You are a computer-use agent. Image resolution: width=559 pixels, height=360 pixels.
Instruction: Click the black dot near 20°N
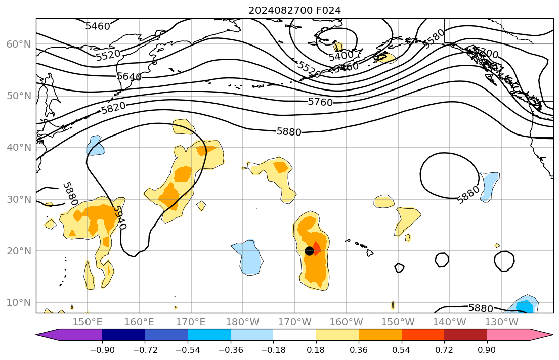tap(310, 251)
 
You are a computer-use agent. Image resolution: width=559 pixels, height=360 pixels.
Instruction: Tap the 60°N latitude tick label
tap(18, 44)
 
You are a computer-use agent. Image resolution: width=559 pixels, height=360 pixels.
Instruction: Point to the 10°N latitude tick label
tap(18, 303)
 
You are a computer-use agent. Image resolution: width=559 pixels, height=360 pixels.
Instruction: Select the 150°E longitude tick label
tap(88, 322)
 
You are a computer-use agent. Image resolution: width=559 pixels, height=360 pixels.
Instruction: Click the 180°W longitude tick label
tap(243, 322)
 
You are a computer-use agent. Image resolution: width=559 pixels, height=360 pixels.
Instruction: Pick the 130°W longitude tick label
tap(501, 322)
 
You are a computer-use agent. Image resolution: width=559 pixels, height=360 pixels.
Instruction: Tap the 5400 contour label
tap(341, 56)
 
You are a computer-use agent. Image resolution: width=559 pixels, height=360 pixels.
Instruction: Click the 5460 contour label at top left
tap(98, 26)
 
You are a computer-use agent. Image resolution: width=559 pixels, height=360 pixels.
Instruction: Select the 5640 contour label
tap(129, 76)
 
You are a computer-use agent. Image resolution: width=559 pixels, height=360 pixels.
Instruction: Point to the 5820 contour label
tap(113, 107)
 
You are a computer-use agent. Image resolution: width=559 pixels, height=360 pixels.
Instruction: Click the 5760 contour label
tap(320, 102)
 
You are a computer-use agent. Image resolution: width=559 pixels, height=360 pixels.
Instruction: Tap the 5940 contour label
tap(119, 217)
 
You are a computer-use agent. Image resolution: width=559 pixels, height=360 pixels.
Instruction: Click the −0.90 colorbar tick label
tap(102, 350)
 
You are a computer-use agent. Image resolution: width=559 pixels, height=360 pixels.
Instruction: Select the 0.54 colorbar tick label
tap(402, 350)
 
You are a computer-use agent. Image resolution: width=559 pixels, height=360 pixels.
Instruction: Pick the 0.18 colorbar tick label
tap(316, 350)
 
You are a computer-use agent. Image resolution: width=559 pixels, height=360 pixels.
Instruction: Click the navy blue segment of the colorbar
tap(123, 335)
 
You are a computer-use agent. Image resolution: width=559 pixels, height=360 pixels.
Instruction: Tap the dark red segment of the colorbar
tap(465, 335)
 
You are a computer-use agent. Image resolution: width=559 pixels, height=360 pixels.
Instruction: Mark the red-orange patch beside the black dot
tap(317, 248)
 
